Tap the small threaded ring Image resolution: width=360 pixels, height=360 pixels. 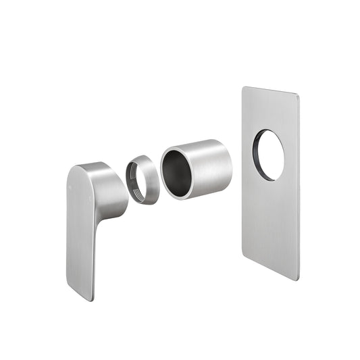click(x=143, y=179)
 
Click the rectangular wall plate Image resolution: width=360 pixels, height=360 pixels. click(x=270, y=216)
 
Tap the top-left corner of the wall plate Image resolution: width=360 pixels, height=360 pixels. click(x=245, y=88)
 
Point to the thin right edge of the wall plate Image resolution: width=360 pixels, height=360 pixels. click(x=299, y=189)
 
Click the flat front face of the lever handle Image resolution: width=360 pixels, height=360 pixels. click(x=79, y=230)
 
